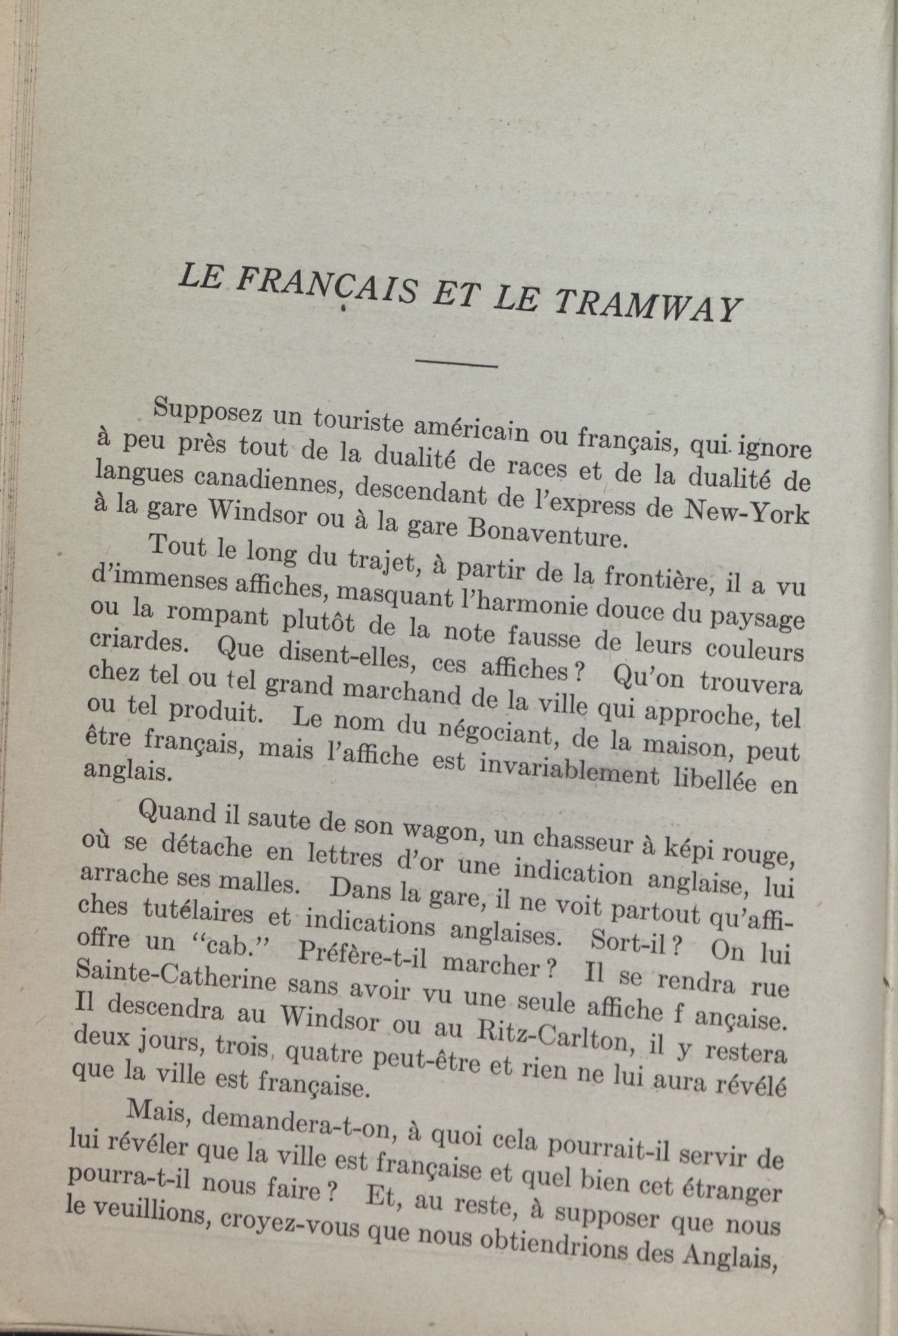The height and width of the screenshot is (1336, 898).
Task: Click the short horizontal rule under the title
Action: coord(457,364)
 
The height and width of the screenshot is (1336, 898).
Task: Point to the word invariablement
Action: coord(569,770)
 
